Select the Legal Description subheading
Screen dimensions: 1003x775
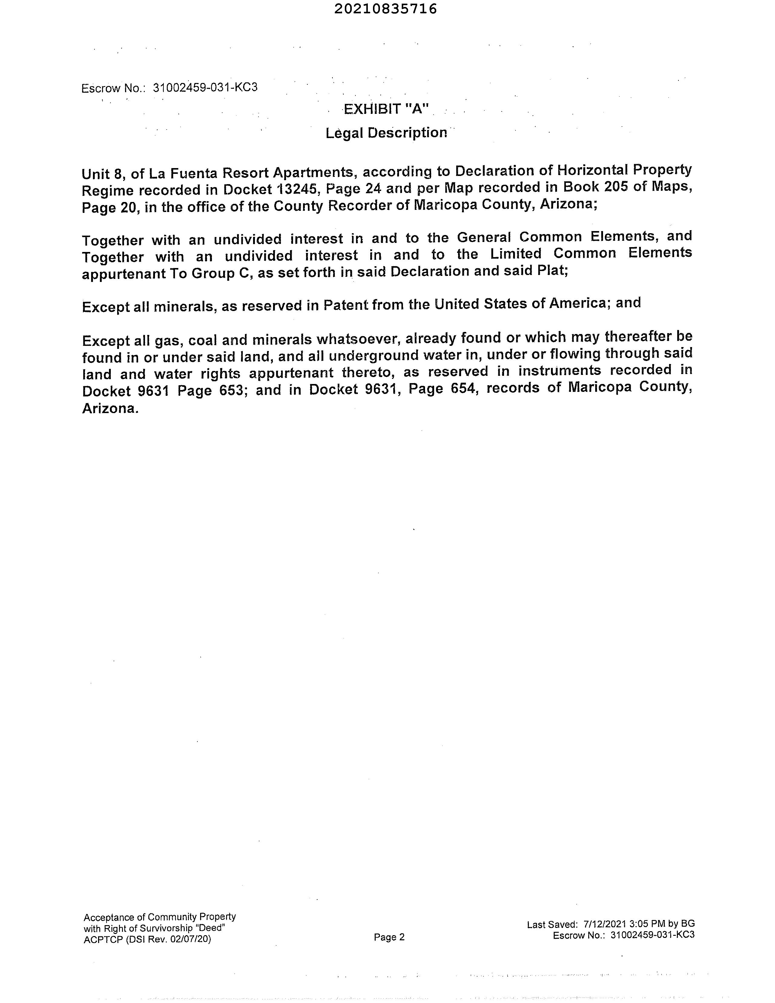pos(386,133)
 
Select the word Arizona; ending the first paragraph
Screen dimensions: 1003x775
pos(569,204)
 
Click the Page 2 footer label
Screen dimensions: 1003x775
pos(389,937)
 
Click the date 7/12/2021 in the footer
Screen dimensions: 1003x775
pos(604,924)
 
